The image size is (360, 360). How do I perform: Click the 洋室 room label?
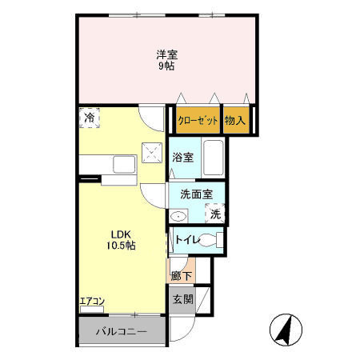(167, 55)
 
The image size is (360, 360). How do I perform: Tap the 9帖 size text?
(166, 66)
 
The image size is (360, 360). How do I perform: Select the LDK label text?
(121, 234)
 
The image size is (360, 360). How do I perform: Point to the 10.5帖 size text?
(121, 246)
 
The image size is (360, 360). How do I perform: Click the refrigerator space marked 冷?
(90, 118)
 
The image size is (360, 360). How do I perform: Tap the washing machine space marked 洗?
(215, 214)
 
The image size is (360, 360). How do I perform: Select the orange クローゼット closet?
(198, 120)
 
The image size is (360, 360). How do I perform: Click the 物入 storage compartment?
(236, 120)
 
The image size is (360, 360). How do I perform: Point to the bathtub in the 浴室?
(214, 158)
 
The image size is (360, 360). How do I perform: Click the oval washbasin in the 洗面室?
(178, 216)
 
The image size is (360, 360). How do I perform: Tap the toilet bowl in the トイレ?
(208, 240)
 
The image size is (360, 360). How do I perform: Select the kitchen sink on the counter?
(124, 165)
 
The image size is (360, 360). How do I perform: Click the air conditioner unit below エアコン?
(92, 310)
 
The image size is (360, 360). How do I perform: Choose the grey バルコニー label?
(122, 332)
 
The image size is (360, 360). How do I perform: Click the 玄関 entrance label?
(183, 299)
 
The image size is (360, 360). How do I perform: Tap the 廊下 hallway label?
(182, 276)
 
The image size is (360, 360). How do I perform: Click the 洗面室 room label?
(197, 194)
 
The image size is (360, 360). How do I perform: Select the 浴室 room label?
(182, 158)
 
